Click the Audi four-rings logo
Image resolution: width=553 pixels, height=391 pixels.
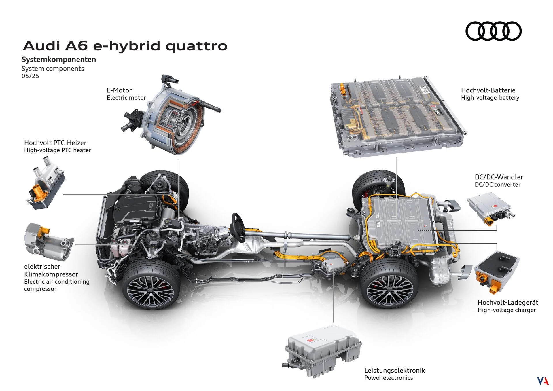tap(493, 31)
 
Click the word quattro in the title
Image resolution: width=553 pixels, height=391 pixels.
tap(196, 46)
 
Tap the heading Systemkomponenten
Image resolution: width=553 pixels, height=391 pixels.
tap(59, 60)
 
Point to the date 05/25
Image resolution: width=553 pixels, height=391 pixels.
tap(30, 76)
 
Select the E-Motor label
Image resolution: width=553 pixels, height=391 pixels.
tap(119, 90)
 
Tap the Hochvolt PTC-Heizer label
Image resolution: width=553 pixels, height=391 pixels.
tap(55, 143)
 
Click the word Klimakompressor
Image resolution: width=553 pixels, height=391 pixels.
tap(51, 274)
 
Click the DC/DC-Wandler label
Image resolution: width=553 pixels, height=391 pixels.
tap(499, 177)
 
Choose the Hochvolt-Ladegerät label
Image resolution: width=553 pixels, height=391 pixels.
tap(508, 302)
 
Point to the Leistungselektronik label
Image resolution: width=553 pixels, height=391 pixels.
tap(395, 370)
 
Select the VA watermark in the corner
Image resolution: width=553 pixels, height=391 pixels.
tap(543, 381)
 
